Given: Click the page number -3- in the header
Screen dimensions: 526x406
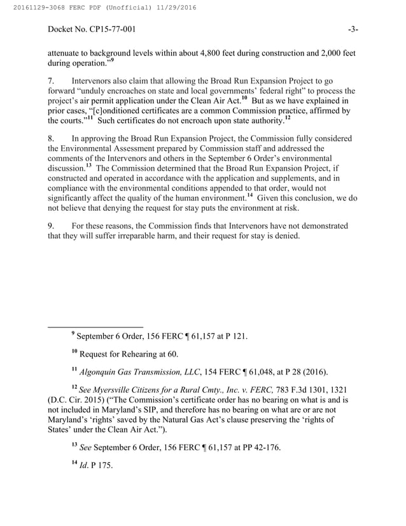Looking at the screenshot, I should coord(353,29).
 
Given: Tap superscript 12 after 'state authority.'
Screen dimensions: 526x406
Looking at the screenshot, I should coord(288,118).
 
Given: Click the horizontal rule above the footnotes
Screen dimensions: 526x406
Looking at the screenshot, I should coord(95,327).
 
